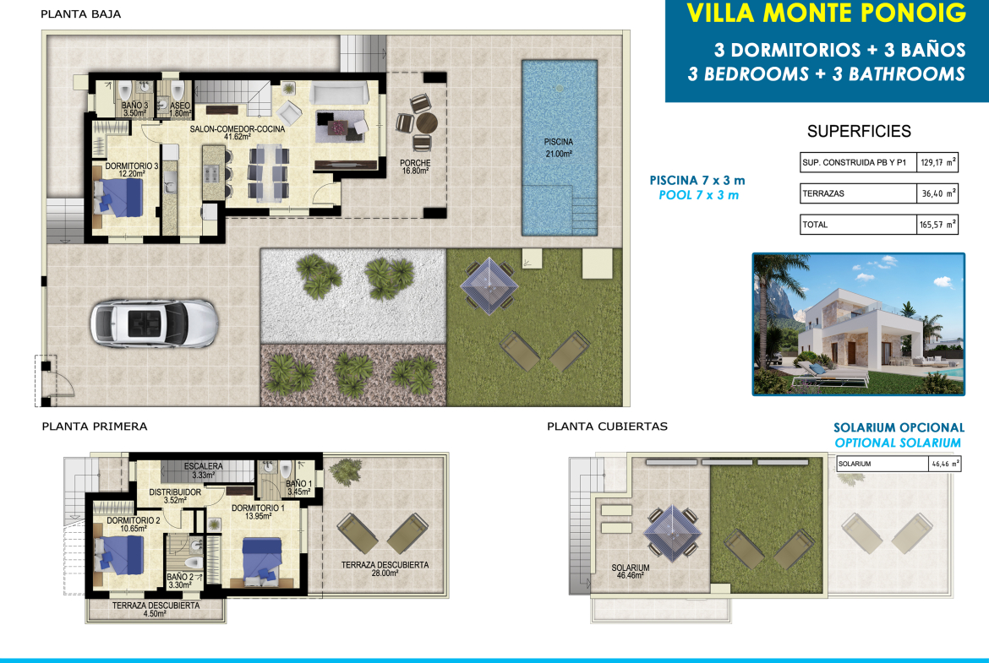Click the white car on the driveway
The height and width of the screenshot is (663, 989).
(x=154, y=323)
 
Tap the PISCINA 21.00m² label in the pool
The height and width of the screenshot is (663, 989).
(x=559, y=148)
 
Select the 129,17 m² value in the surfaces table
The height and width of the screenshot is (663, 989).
(x=938, y=163)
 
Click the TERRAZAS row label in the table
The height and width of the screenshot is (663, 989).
(x=823, y=193)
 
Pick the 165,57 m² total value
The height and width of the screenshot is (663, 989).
(x=938, y=225)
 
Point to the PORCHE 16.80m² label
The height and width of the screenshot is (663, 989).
(x=415, y=167)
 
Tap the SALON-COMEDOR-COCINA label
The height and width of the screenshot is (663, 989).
(x=238, y=133)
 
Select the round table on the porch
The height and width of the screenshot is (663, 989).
(x=426, y=123)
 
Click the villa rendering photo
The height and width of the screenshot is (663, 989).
(x=859, y=324)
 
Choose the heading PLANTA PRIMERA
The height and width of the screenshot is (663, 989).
(x=95, y=427)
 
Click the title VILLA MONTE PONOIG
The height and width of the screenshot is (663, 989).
(x=826, y=14)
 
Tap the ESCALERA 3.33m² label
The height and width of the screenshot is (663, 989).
(x=203, y=470)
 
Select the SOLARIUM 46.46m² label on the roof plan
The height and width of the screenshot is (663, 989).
(x=630, y=572)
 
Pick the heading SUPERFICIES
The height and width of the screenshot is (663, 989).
(x=859, y=131)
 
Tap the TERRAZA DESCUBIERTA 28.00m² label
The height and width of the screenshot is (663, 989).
(x=385, y=569)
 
